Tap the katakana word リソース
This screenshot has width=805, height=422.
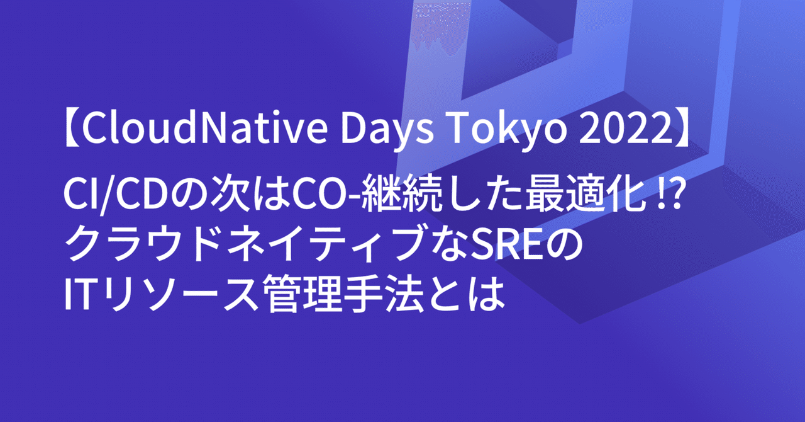182,292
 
